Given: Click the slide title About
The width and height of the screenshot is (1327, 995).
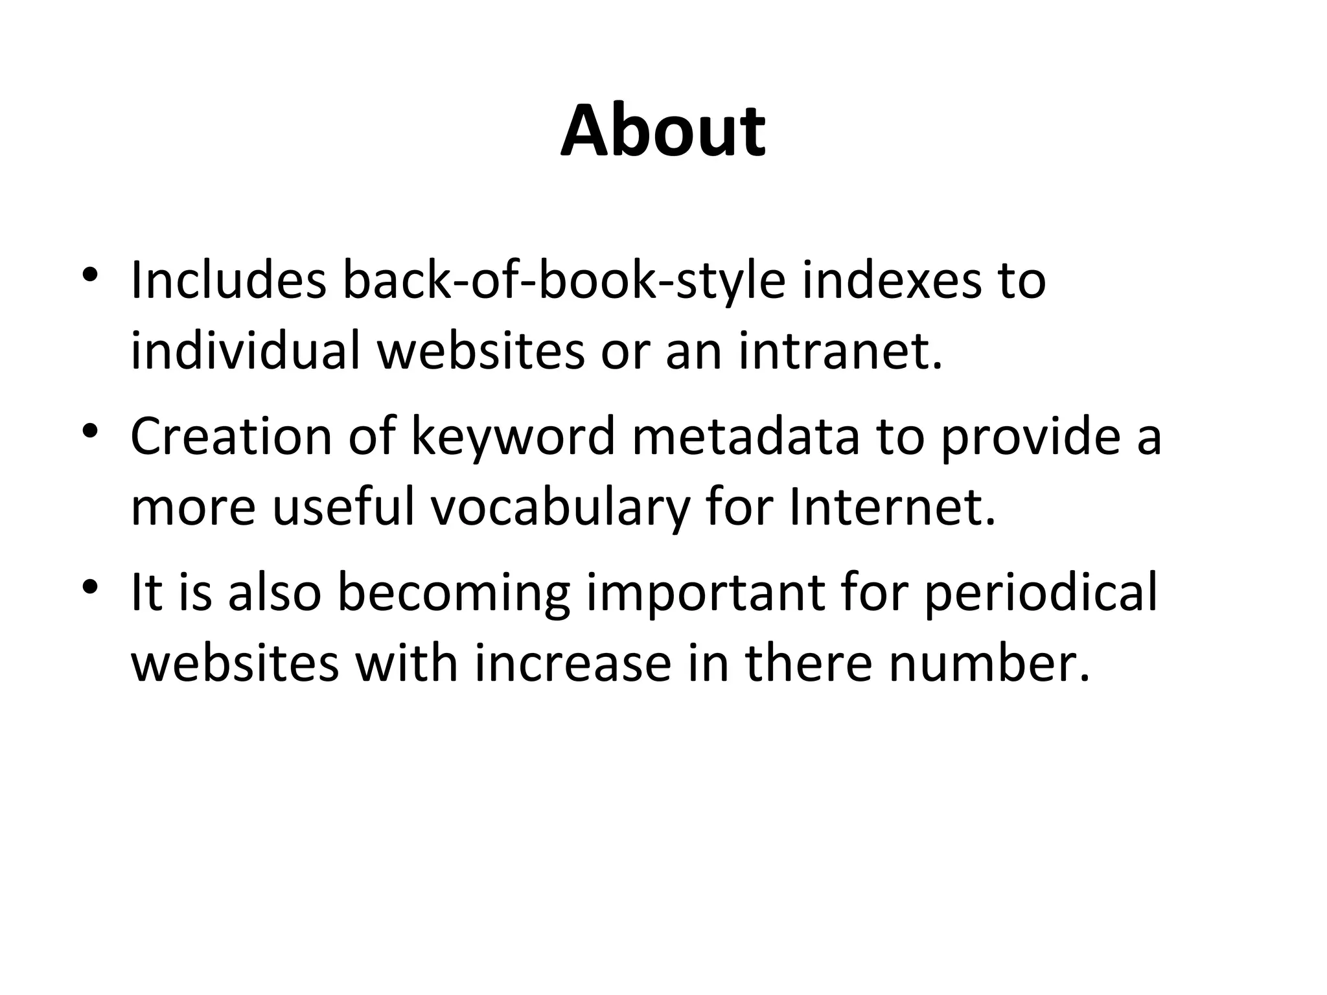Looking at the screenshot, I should (x=663, y=132).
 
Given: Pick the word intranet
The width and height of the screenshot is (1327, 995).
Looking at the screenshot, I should (x=840, y=352).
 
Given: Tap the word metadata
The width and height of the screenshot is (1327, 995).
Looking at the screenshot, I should (x=745, y=436).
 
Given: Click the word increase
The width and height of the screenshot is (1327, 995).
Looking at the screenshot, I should (x=573, y=663).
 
